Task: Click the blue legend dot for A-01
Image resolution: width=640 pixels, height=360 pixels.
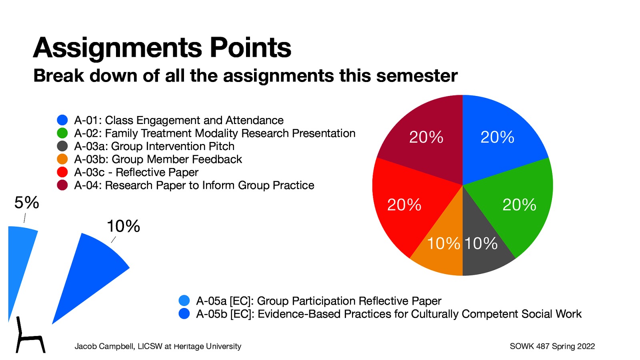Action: (62, 120)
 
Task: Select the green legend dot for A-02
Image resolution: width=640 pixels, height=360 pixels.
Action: (62, 133)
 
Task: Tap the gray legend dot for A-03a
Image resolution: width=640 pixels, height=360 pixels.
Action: (62, 146)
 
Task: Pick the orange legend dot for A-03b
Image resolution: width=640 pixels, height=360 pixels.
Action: (62, 159)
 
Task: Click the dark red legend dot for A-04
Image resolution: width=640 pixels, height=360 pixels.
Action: (62, 185)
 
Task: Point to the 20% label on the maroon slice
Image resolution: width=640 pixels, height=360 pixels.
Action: (426, 137)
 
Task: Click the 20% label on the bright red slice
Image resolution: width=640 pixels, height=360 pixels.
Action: (404, 205)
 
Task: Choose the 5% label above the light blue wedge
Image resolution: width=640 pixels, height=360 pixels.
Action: (27, 203)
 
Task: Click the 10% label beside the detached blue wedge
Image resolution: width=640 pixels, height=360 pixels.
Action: (123, 226)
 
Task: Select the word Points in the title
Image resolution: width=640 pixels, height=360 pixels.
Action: (250, 48)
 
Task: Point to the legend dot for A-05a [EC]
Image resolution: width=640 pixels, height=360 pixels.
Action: (184, 300)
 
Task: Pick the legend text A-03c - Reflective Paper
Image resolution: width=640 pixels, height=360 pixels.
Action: (136, 172)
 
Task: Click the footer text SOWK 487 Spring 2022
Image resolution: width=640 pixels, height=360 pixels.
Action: (552, 346)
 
